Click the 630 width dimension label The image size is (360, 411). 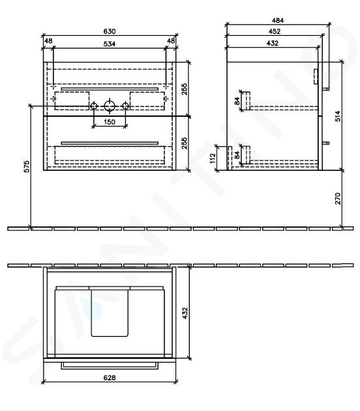pyautogui.click(x=110, y=31)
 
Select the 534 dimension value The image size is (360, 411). pyautogui.click(x=110, y=44)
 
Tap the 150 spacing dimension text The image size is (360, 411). pyautogui.click(x=110, y=122)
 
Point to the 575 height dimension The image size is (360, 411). pyautogui.click(x=27, y=166)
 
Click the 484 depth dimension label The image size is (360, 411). pyautogui.click(x=277, y=20)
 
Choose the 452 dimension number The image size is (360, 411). pyautogui.click(x=275, y=31)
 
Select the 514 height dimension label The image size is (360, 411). pyautogui.click(x=338, y=116)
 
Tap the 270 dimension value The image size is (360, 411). pyautogui.click(x=338, y=198)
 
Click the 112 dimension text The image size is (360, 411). pyautogui.click(x=213, y=158)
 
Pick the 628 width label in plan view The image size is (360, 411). pyautogui.click(x=110, y=378)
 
